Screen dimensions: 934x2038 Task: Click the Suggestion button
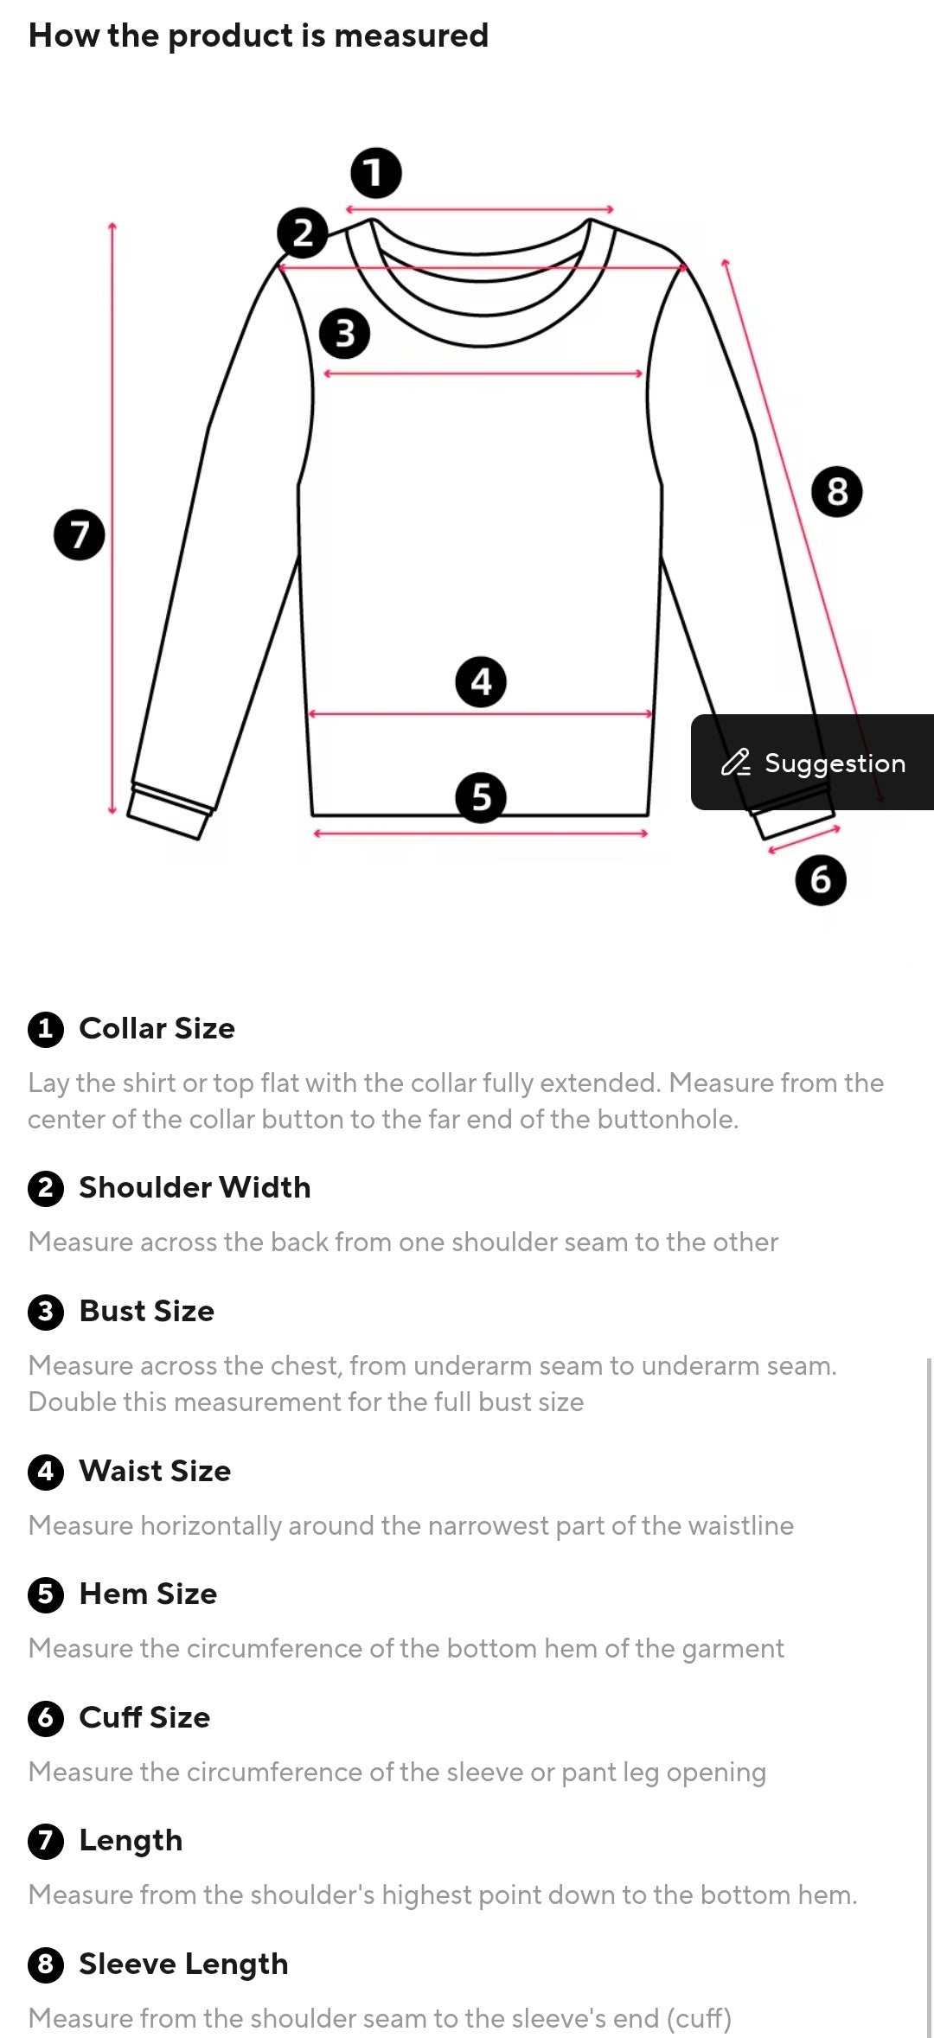813,762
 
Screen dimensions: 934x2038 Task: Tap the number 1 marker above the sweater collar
376,173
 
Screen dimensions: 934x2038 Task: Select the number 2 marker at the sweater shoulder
303,233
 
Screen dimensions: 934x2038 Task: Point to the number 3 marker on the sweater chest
344,334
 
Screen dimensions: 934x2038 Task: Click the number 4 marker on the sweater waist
481,682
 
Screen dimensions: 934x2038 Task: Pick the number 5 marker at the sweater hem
481,797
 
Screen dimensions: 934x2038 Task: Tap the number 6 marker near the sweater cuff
821,880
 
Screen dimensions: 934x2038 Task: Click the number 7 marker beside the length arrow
80,534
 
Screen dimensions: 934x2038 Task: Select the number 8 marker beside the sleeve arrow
837,492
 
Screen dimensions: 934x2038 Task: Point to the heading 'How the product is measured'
259,35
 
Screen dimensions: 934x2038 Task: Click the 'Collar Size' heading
157,1028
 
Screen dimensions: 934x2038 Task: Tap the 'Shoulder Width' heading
195,1187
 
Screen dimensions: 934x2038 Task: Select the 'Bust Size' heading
147,1311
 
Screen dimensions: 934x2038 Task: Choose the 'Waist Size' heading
156,1471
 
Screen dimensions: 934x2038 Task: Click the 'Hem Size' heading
149,1594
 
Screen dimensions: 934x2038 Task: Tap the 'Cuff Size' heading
145,1717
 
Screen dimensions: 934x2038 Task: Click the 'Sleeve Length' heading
184,1965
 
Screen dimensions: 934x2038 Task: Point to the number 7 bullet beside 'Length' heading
46,1841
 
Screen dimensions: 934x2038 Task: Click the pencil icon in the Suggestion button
736,762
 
